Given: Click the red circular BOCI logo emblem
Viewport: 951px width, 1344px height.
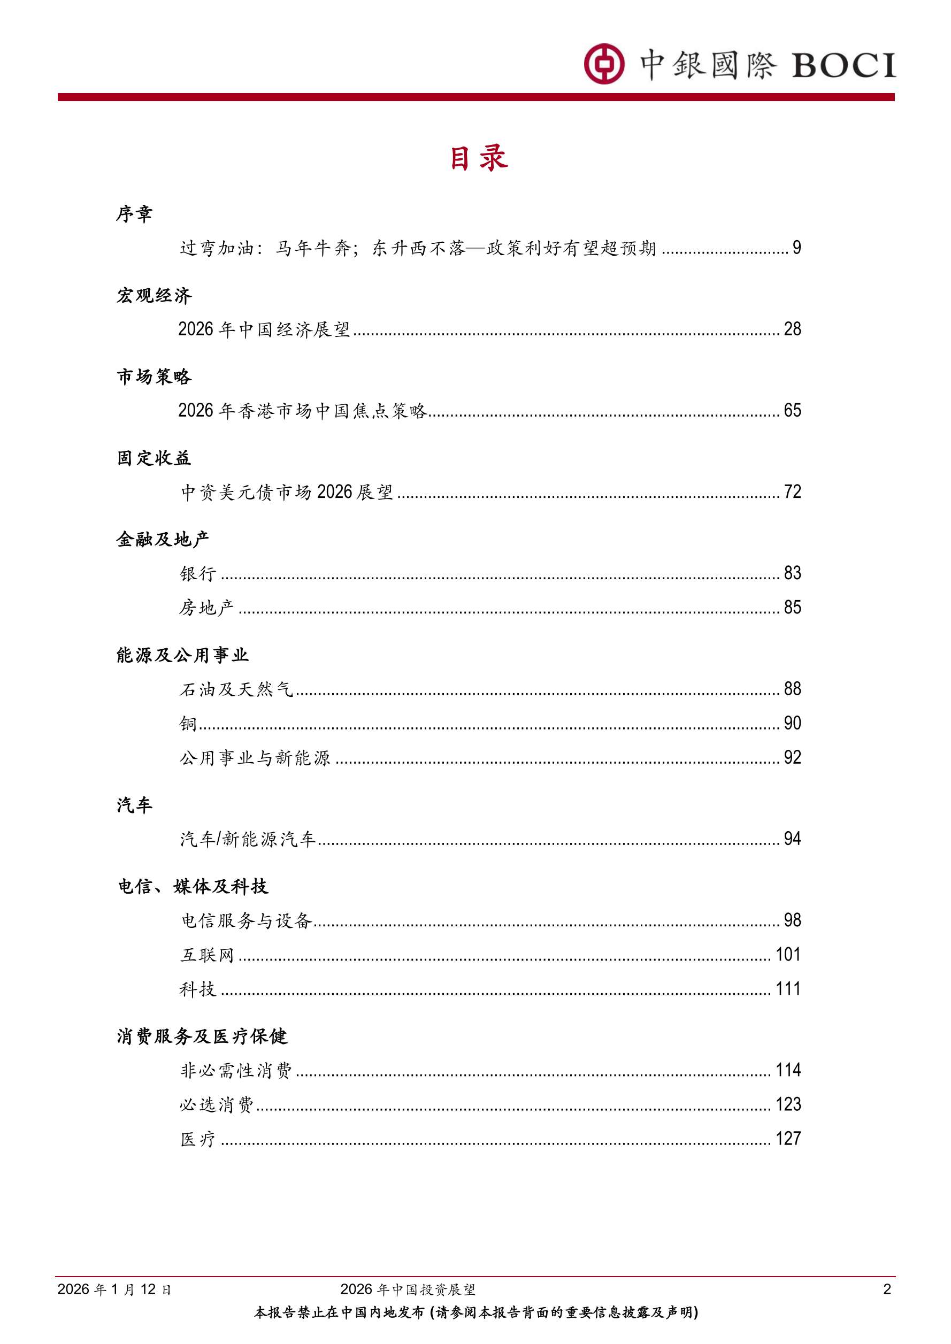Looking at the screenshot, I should (x=604, y=63).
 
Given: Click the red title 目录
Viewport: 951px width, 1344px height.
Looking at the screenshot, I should (x=478, y=159).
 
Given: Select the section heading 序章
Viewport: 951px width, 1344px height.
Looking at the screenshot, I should (x=134, y=213).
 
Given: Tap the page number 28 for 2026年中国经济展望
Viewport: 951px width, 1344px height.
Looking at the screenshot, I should (x=792, y=329).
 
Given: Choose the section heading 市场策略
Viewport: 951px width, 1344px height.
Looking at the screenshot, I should (x=154, y=377).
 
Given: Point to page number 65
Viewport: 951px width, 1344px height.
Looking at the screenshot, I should (x=792, y=410).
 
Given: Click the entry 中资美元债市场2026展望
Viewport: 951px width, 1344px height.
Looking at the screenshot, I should (x=287, y=491).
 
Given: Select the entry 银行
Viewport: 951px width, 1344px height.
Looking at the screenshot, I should (x=198, y=573).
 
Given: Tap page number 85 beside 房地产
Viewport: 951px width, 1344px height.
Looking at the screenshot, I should (x=792, y=608).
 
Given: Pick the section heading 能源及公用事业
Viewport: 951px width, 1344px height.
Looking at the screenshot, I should (x=182, y=655).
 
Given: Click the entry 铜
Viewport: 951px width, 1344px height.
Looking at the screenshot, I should (x=188, y=724).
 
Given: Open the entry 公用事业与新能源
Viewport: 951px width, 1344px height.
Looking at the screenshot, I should (x=255, y=758).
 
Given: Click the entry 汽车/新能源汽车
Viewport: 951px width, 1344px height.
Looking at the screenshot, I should (x=248, y=839).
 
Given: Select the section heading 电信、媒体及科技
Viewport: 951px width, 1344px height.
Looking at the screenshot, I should (x=193, y=886).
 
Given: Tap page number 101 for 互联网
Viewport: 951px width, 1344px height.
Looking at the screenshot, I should (x=788, y=955).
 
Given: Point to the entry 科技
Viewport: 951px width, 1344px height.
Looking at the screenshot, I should (x=198, y=989).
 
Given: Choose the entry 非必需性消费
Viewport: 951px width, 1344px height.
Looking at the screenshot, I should (x=235, y=1071).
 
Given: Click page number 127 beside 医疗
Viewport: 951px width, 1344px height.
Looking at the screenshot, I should (x=788, y=1139).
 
